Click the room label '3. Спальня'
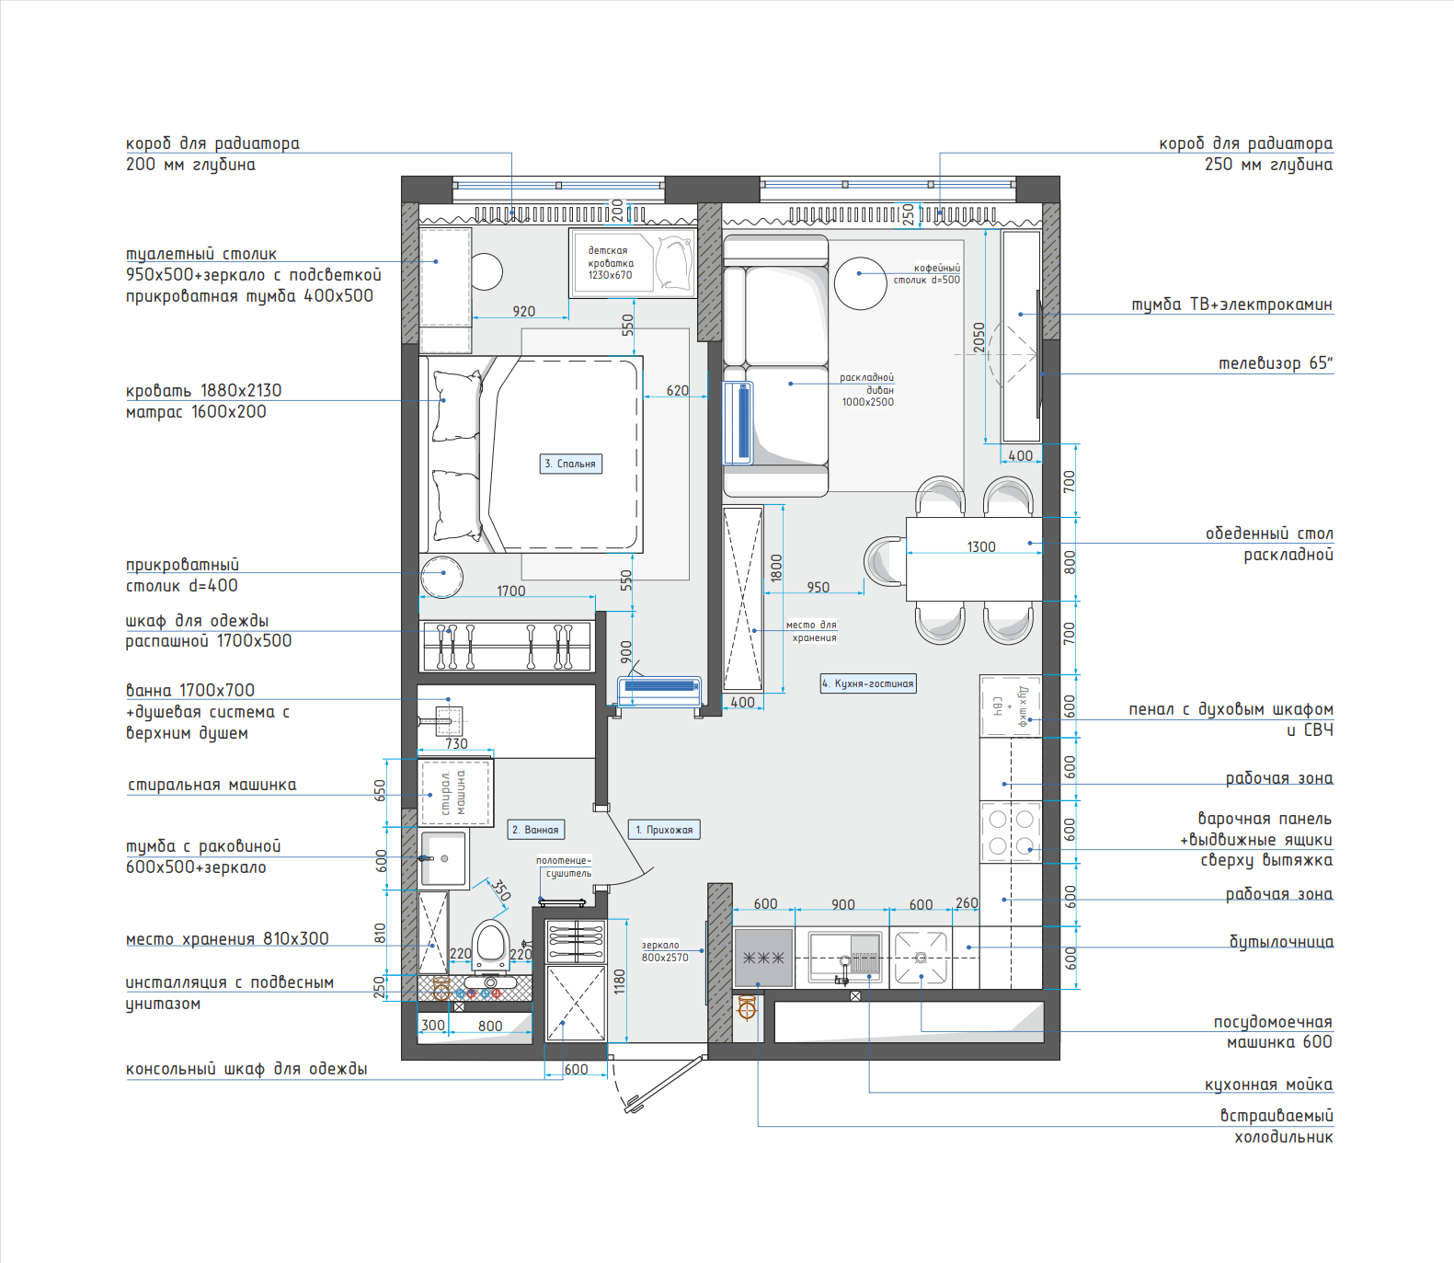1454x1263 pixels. tap(570, 464)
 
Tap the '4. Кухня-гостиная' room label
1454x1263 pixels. tap(868, 683)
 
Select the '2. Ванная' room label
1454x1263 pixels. tap(536, 830)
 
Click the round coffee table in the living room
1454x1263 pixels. tap(861, 282)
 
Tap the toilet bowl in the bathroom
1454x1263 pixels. tap(491, 945)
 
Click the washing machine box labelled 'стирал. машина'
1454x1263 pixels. tap(456, 793)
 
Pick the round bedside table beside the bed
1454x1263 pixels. tap(441, 577)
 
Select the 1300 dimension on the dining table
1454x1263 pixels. tap(981, 546)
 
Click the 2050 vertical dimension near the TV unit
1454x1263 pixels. tap(979, 338)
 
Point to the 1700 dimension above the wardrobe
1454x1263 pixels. tap(511, 591)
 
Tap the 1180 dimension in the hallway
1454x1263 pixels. tap(619, 982)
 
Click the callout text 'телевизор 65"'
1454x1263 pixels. tap(1275, 363)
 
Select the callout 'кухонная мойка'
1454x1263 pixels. tap(1268, 1085)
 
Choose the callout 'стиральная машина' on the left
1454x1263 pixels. tap(212, 785)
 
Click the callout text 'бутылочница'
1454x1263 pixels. tap(1281, 941)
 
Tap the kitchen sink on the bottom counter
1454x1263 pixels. tap(845, 959)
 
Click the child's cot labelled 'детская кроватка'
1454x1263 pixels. tap(632, 263)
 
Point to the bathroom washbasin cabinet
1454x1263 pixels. tap(444, 858)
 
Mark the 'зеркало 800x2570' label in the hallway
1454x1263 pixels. tap(665, 951)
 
